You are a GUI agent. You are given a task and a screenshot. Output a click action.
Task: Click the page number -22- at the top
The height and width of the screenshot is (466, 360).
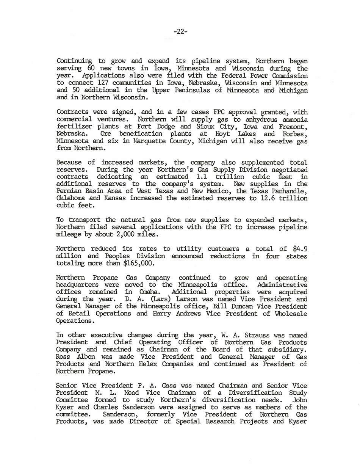click(x=180, y=32)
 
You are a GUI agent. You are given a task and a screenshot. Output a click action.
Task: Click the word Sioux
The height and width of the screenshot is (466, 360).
click(x=205, y=127)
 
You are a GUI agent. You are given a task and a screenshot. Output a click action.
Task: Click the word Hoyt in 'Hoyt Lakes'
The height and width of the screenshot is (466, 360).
click(x=223, y=134)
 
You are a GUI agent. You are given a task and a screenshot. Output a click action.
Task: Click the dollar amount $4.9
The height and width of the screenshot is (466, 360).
click(x=300, y=249)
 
